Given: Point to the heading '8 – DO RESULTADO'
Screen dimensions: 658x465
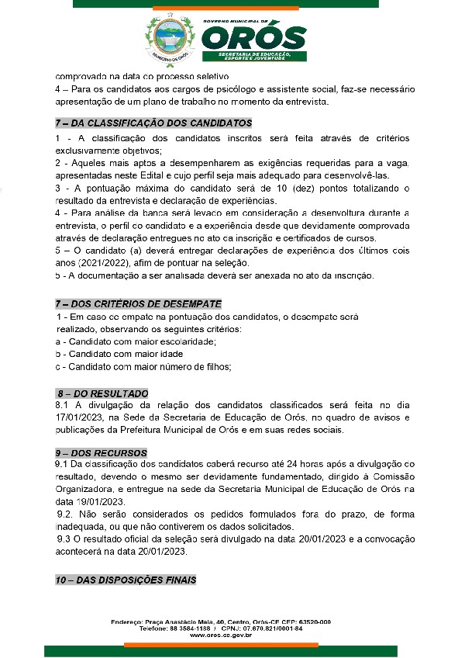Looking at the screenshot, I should click(x=102, y=393).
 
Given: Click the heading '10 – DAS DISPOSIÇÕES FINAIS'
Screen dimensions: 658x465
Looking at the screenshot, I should click(x=126, y=580).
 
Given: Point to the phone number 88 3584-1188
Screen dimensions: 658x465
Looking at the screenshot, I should click(x=187, y=629).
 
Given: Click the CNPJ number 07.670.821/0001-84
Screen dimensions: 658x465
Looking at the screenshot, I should click(x=272, y=629).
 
